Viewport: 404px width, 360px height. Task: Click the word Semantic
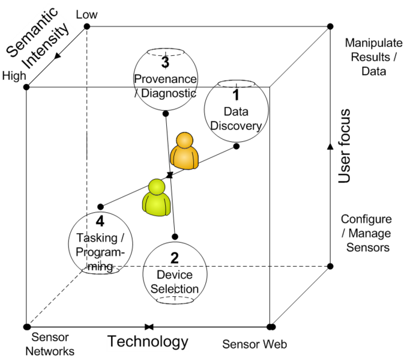click(31, 34)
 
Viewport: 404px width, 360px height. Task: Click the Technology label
click(148, 343)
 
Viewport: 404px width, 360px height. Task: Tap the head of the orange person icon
click(184, 140)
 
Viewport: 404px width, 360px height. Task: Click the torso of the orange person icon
click(184, 158)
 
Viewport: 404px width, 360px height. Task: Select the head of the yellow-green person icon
click(157, 186)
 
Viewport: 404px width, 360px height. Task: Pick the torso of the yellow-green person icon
click(157, 204)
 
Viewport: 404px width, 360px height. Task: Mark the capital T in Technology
click(112, 342)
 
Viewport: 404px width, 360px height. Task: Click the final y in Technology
click(184, 344)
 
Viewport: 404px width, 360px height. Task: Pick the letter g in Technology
click(176, 344)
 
